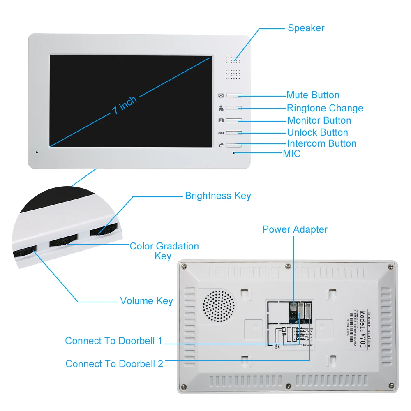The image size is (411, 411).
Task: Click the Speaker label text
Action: tap(306, 28)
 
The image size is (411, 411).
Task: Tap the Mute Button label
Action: tap(313, 95)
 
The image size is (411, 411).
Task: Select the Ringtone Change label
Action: tap(325, 108)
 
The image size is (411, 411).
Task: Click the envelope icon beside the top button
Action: tap(221, 96)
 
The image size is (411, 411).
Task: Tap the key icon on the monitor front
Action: tap(221, 133)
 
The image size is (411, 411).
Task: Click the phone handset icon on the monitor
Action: tap(221, 145)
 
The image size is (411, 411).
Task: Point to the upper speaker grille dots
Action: tap(232, 58)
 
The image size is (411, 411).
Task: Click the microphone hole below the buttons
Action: tap(234, 153)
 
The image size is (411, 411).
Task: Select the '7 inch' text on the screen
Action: tap(125, 105)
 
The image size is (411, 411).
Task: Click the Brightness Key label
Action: tap(218, 196)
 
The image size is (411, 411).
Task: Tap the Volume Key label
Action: tap(146, 301)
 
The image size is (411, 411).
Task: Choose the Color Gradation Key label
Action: tap(164, 251)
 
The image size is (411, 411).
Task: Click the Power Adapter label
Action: tap(295, 229)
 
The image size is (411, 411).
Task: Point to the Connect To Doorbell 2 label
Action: tap(114, 364)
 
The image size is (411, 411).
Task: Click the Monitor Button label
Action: tap(319, 120)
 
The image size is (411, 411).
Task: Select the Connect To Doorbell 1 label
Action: tap(114, 341)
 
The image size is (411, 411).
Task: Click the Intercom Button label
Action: tap(321, 143)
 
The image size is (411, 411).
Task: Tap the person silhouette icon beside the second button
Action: tap(221, 109)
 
